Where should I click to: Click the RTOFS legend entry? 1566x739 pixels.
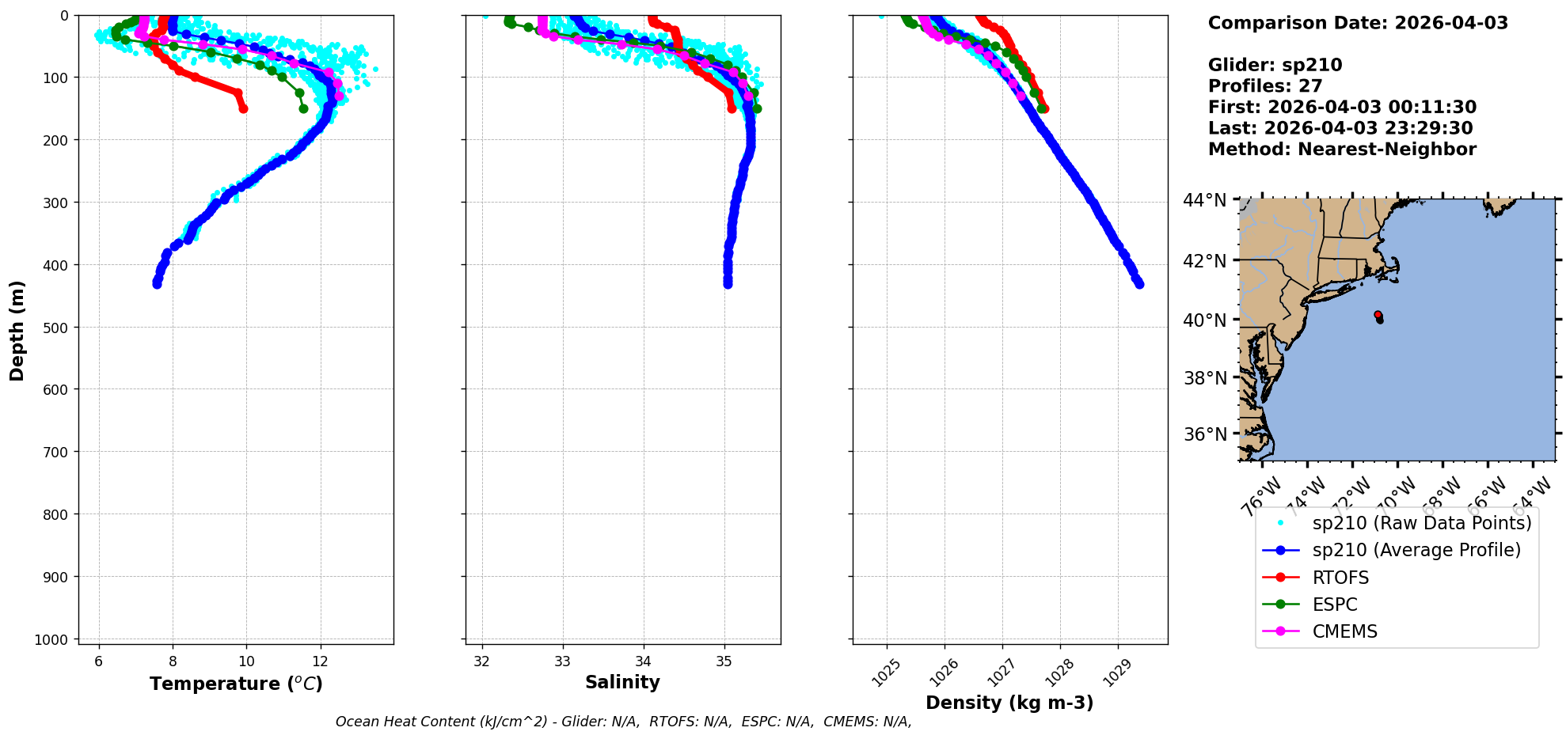tap(1340, 578)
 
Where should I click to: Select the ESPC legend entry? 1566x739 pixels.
tap(1335, 604)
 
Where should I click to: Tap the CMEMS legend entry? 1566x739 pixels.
tap(1344, 631)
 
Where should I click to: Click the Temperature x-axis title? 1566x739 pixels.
tap(236, 684)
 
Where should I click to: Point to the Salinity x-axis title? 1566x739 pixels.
tap(622, 682)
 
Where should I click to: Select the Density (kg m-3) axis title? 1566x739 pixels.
tap(1009, 703)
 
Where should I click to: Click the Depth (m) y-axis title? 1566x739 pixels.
tap(17, 330)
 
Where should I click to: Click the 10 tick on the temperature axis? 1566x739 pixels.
tap(246, 661)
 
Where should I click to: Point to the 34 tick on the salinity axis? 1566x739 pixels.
tap(644, 661)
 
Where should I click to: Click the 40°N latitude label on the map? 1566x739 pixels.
tap(1204, 320)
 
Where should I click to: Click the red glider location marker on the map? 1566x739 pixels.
tap(1378, 315)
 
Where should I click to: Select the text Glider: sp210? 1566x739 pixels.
tap(1275, 65)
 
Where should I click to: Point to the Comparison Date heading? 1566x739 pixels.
tap(1358, 23)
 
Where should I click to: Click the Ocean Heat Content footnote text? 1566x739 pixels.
tap(623, 722)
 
